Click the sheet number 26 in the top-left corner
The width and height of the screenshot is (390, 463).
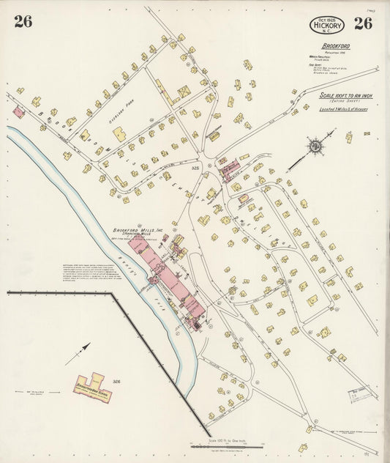tap(23, 21)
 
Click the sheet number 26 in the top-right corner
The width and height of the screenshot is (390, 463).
tap(362, 22)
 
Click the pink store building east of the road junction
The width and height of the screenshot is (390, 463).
tap(229, 168)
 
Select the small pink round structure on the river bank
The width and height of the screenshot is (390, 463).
tap(154, 279)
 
